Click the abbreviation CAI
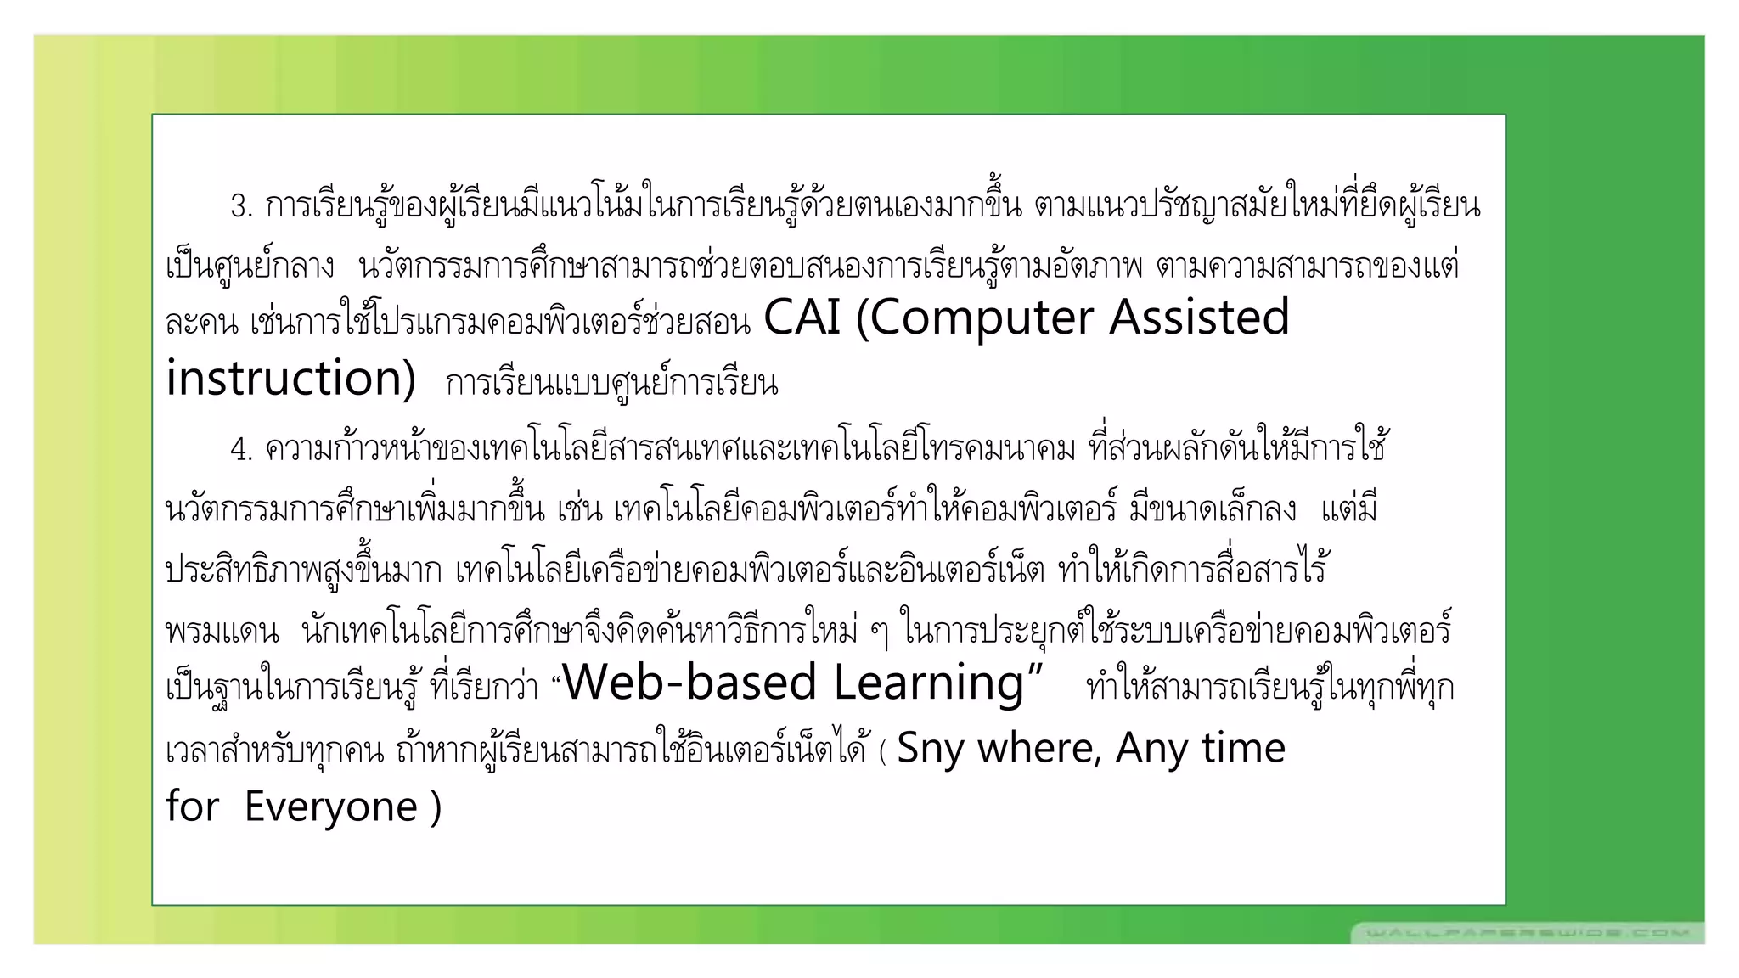(802, 318)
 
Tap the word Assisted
(1199, 318)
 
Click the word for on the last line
(192, 806)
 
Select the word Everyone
(330, 807)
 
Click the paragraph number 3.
(240, 206)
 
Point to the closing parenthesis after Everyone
(436, 807)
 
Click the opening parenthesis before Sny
(883, 751)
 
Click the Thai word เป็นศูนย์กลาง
(250, 267)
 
